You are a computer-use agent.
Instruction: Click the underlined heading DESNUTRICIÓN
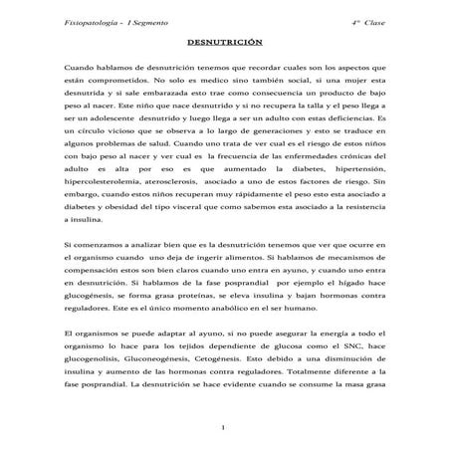click(224, 47)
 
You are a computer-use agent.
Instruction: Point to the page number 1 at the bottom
click(225, 428)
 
